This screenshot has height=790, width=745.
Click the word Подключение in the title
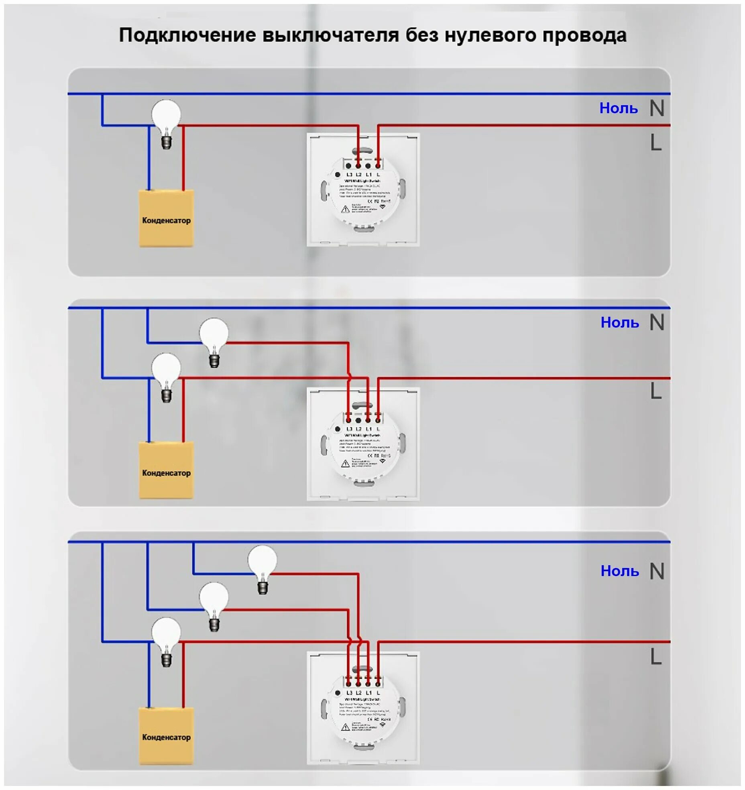tap(187, 35)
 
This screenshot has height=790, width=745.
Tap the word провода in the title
tap(584, 35)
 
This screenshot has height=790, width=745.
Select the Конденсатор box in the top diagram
tap(166, 219)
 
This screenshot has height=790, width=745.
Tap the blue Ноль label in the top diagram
tap(619, 108)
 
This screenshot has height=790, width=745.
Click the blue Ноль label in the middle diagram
tap(619, 323)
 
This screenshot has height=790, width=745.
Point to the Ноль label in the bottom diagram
tap(619, 571)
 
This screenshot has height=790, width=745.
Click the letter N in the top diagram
tap(657, 108)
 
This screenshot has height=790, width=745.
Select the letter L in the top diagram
tap(655, 143)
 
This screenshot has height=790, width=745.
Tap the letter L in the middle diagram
tap(655, 391)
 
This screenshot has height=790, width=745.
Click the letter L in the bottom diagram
tap(655, 657)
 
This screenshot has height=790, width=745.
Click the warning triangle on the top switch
tap(345, 209)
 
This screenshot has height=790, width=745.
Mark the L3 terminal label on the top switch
tap(349, 175)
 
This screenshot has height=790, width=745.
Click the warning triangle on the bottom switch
tap(345, 727)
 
